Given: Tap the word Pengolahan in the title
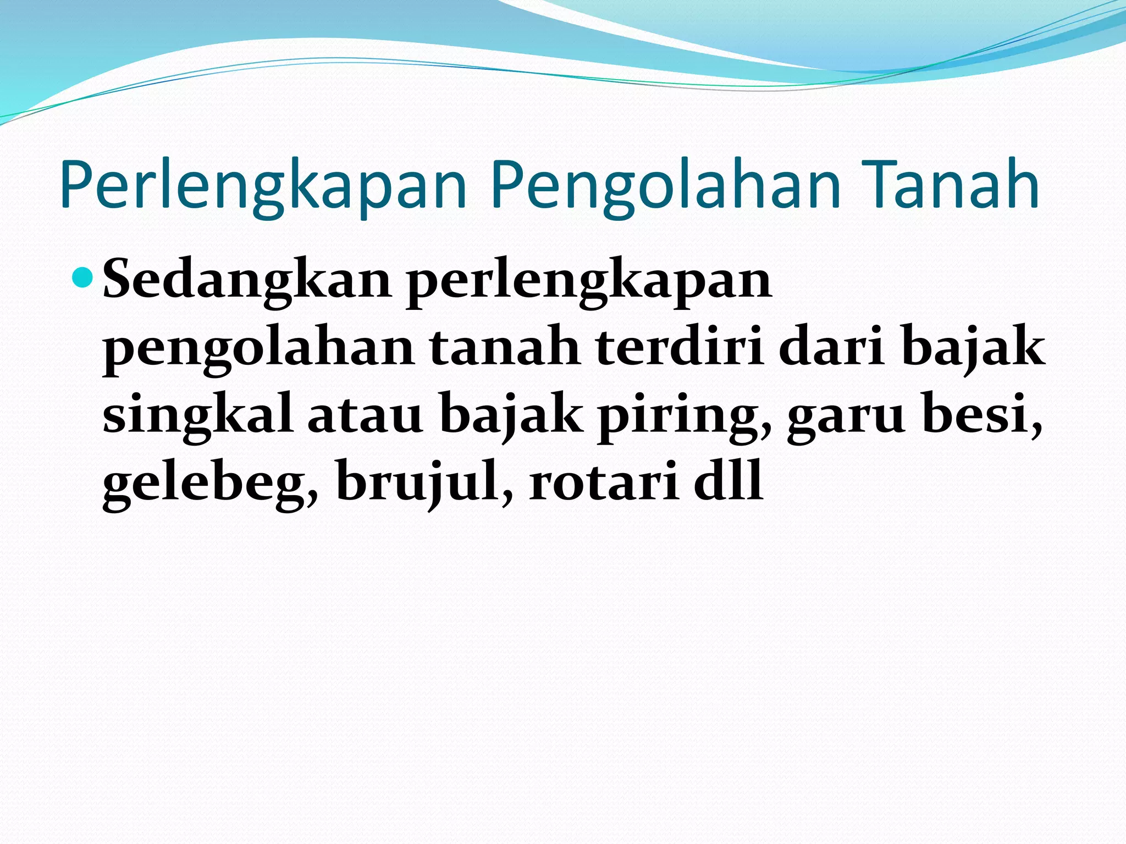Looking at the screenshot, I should coord(666,186).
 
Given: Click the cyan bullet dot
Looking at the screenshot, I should coord(84,277).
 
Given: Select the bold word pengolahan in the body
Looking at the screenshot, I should coord(258,349).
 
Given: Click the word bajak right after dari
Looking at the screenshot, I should coord(973,349).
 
